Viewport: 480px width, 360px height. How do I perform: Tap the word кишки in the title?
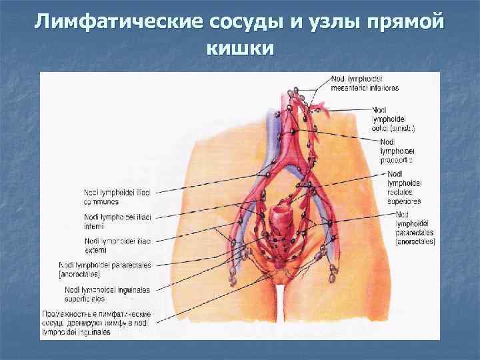pos(239,48)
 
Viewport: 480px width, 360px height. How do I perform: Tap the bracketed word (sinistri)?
pos(405,127)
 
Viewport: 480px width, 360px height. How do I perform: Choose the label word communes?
pos(102,200)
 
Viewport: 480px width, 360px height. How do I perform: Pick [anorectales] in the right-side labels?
pos(415,241)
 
